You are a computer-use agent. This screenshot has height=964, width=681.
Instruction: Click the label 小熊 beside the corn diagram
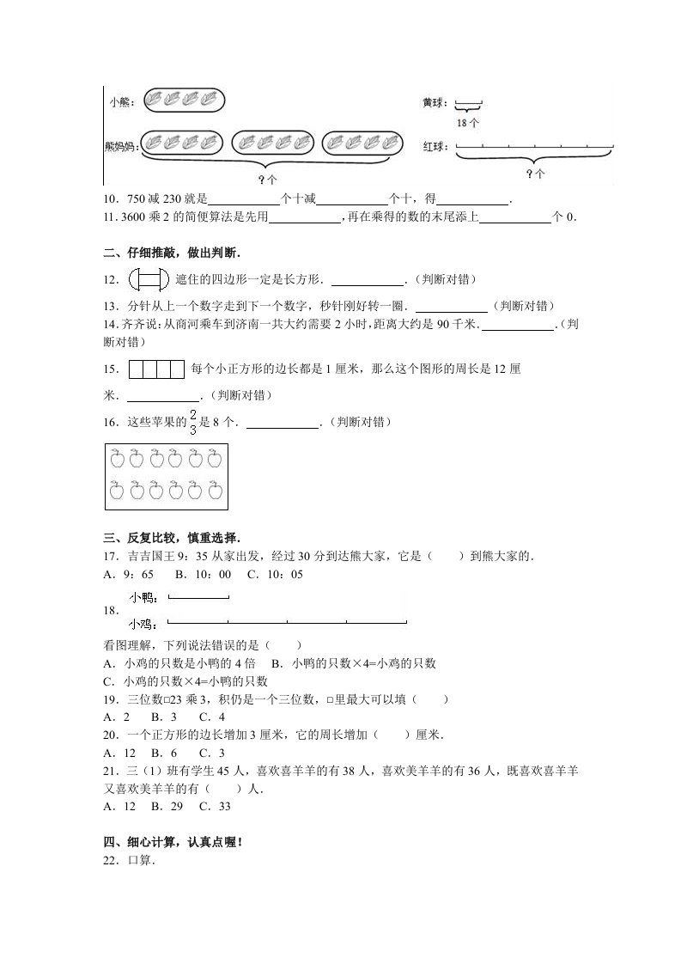[121, 103]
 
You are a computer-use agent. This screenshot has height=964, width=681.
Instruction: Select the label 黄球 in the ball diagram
[434, 103]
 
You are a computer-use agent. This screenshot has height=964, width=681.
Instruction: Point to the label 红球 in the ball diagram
[434, 147]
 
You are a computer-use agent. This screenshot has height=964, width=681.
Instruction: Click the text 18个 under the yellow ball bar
[468, 123]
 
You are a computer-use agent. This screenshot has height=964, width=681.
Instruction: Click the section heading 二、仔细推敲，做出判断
[172, 253]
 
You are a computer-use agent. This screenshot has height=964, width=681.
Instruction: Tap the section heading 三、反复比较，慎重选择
[172, 538]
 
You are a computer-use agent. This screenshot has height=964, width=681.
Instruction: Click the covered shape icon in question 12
[148, 279]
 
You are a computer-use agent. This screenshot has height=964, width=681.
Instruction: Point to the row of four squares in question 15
[156, 369]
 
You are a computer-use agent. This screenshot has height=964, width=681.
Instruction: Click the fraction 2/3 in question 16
[192, 423]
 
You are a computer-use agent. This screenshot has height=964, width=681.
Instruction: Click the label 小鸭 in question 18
[143, 596]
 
